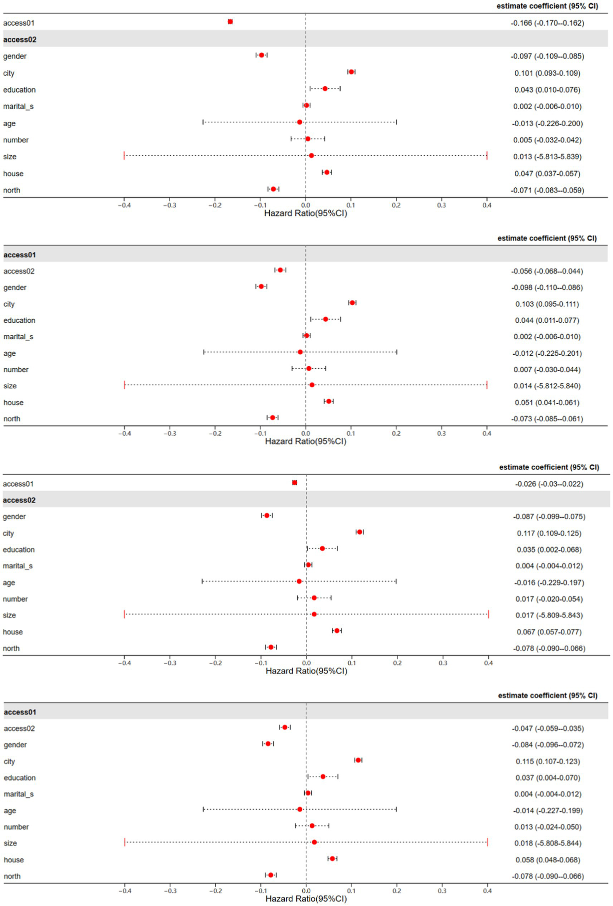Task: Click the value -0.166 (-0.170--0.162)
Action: tap(547, 23)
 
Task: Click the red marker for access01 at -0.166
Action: tap(230, 22)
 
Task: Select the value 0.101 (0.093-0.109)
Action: tap(547, 73)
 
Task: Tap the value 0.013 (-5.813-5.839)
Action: tap(547, 157)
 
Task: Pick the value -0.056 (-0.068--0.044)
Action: tap(547, 271)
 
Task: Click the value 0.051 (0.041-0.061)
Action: tap(547, 402)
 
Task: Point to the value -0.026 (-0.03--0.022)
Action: tap(549, 484)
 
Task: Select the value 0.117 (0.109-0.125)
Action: tap(549, 533)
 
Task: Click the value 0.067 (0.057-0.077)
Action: tap(549, 632)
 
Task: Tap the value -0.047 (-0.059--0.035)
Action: tap(548, 728)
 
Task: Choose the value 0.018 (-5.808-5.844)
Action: tap(548, 843)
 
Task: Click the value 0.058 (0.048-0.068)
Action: tap(548, 860)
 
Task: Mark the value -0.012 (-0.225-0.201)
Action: tap(547, 353)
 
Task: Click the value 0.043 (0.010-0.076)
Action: tap(547, 90)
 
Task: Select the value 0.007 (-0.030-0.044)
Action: tap(547, 370)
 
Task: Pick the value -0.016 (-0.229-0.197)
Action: tap(549, 582)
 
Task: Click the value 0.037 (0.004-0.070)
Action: tap(548, 778)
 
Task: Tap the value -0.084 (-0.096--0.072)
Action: tap(548, 745)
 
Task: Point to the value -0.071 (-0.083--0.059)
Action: tap(547, 190)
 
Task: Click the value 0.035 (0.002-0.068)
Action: tap(549, 550)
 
